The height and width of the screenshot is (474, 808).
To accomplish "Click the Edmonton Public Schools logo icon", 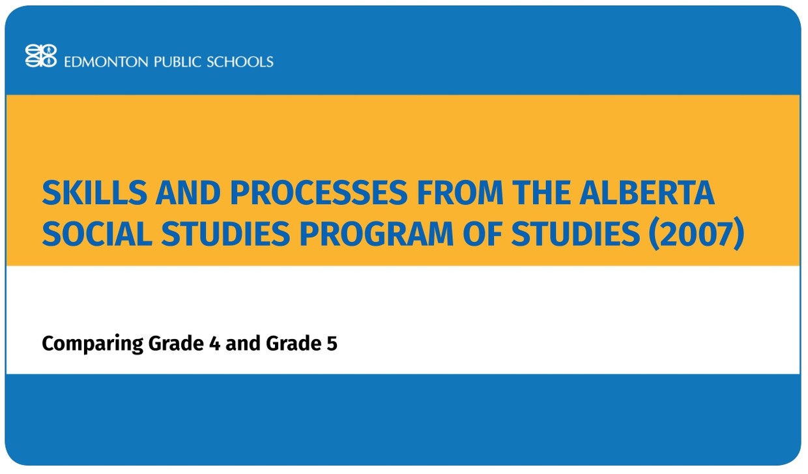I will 40,56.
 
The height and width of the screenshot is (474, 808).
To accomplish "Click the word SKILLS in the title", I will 83,194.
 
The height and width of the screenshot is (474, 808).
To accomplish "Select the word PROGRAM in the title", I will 373,235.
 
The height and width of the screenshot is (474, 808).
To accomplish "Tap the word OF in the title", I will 481,235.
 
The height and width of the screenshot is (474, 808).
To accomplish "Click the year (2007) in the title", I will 696,235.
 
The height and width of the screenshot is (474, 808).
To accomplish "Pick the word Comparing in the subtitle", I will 92,344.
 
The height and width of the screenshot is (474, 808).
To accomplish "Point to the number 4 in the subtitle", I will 214,344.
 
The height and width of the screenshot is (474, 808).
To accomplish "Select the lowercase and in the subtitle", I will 243,344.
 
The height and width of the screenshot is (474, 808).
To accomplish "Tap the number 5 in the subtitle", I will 332,344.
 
